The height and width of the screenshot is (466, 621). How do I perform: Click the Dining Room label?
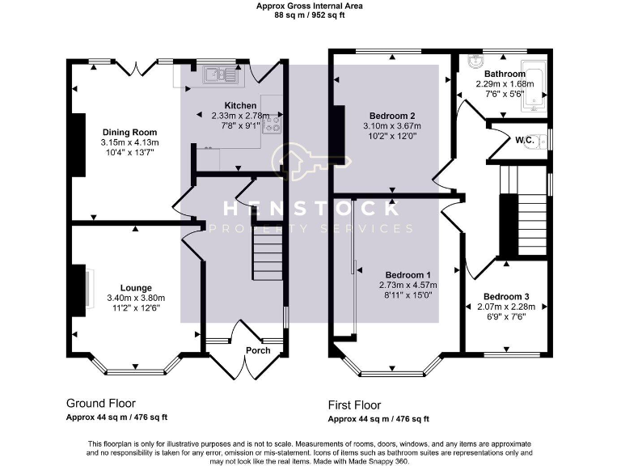click(129, 132)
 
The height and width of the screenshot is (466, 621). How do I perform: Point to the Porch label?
click(257, 350)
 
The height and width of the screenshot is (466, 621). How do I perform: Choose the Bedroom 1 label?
click(408, 274)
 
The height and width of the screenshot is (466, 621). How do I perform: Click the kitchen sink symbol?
click(218, 75)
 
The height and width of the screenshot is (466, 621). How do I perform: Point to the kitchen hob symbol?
click(272, 123)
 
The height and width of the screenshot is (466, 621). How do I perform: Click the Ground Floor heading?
click(100, 403)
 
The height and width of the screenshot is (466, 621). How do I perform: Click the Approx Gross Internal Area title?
click(310, 6)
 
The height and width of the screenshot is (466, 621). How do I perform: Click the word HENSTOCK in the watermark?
click(310, 209)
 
